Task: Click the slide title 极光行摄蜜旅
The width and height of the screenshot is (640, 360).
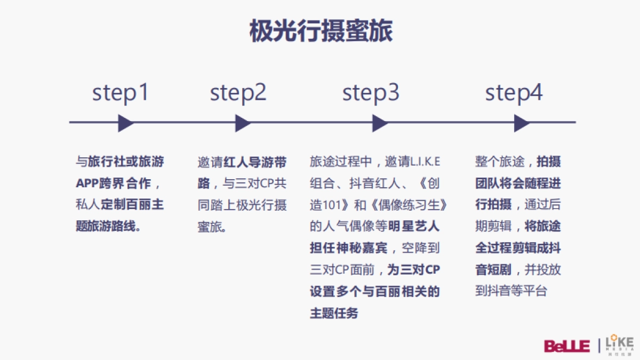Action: pos(321,31)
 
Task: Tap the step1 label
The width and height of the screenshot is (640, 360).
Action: pos(121,93)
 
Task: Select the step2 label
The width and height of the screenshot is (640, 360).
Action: pos(238,93)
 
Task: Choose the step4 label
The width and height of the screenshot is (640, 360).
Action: pos(514,93)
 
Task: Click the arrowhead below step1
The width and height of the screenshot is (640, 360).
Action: pos(125,123)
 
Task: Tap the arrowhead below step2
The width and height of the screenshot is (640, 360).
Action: pos(243,123)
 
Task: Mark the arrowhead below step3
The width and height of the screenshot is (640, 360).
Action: pos(380,123)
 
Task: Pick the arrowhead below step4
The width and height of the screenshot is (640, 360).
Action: pos(522,123)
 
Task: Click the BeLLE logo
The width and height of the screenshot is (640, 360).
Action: pos(567,346)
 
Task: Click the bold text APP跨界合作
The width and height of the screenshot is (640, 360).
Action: pos(113,183)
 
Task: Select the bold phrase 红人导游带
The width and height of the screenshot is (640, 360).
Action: pos(255,162)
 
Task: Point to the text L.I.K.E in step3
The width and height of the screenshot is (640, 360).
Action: pos(425,162)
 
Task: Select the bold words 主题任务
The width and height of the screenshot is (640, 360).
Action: pos(334,313)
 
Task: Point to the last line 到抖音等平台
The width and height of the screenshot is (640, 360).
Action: pos(511,291)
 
